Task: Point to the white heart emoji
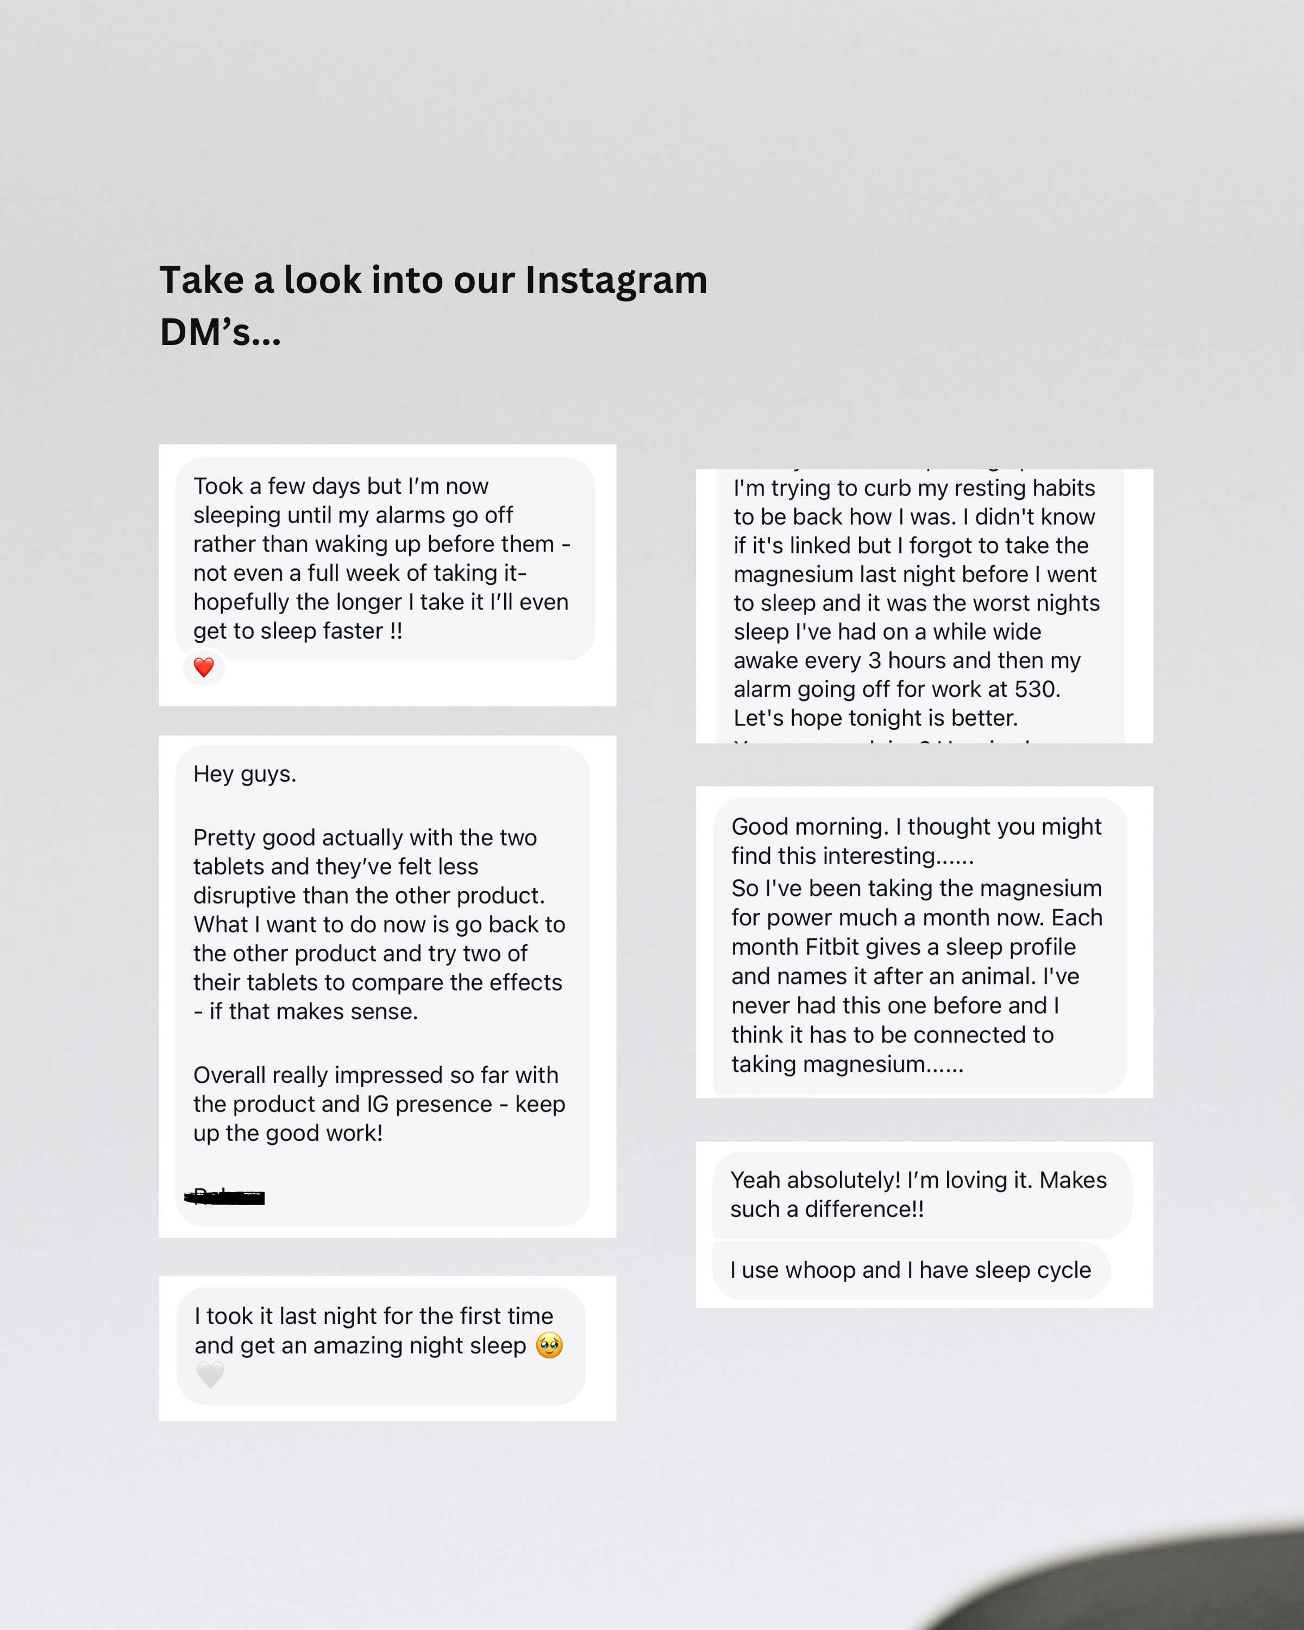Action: [x=210, y=1374]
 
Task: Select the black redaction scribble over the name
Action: [x=225, y=1197]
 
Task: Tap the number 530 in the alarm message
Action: [x=1037, y=689]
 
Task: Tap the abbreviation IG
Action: [x=377, y=1104]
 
